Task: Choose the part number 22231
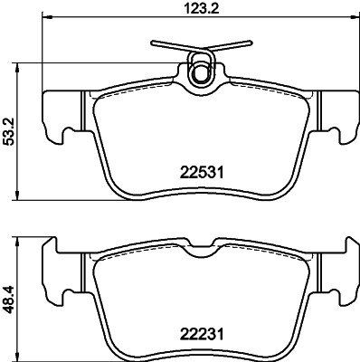tap(201, 333)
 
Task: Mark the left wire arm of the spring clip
tap(171, 44)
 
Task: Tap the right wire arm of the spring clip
tap(230, 44)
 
